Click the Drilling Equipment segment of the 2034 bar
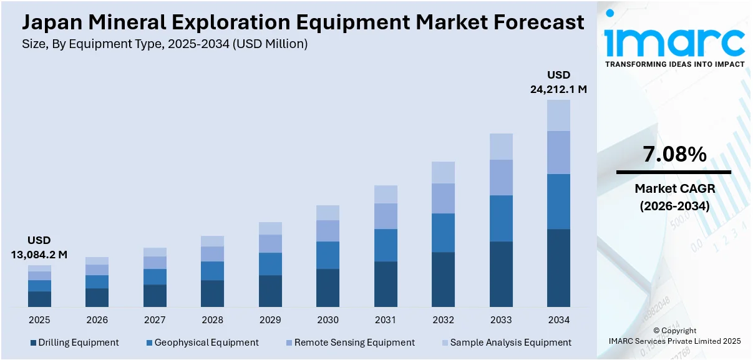[x=558, y=268]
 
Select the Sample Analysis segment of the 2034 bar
[x=558, y=115]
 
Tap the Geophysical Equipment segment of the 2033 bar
[x=501, y=218]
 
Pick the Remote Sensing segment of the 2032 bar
[x=443, y=198]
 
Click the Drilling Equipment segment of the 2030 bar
[x=328, y=288]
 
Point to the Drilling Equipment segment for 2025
[x=39, y=299]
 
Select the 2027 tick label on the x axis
[x=155, y=320]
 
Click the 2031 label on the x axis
[x=386, y=320]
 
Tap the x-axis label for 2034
[x=558, y=320]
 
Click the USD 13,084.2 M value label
[x=39, y=248]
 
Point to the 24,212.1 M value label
[x=558, y=89]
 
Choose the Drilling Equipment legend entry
[x=74, y=343]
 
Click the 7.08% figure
[x=674, y=154]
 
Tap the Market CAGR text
[x=674, y=188]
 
